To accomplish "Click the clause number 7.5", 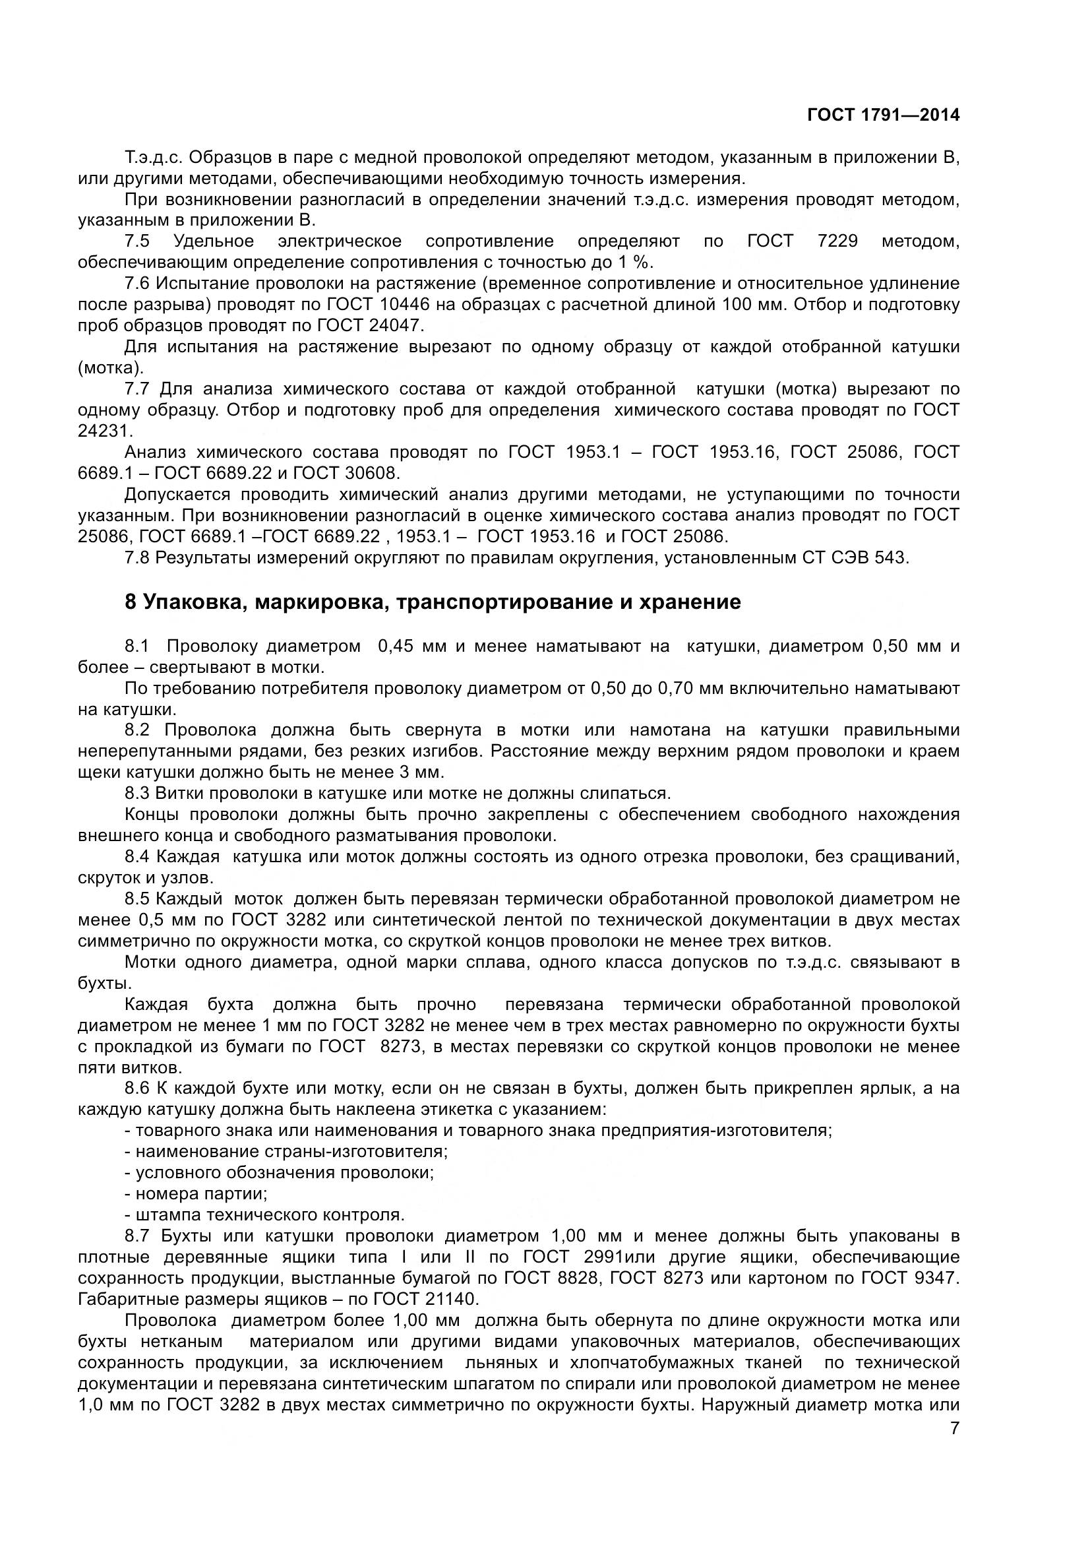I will tap(137, 241).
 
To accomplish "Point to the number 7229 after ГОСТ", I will tap(837, 241).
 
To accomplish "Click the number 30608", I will tap(371, 473).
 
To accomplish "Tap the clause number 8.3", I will tap(137, 794).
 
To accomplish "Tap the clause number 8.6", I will tap(137, 1088).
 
